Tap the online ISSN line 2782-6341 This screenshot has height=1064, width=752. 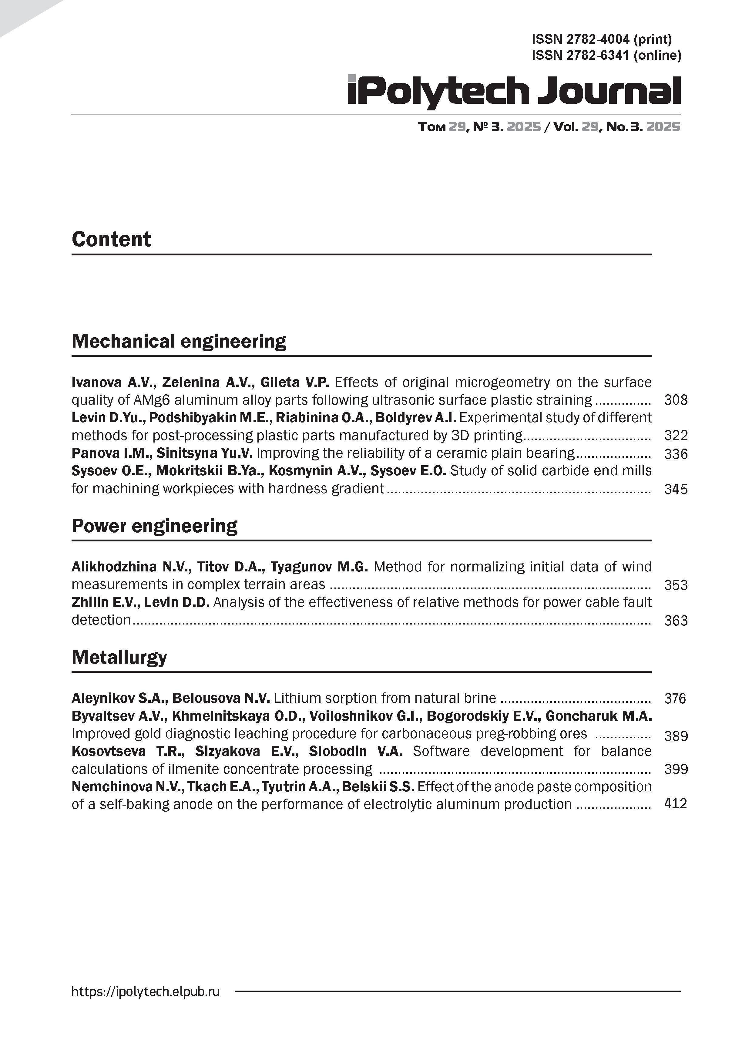(x=606, y=56)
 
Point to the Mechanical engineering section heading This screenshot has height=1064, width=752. (x=179, y=342)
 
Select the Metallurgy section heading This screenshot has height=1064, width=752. (x=119, y=657)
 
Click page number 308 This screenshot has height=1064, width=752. (x=676, y=400)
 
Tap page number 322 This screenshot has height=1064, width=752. (x=676, y=436)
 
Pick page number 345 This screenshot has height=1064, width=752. (x=676, y=489)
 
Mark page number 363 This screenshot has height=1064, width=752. (x=676, y=621)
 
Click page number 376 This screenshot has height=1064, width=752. (x=675, y=699)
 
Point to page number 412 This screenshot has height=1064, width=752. (x=675, y=803)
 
